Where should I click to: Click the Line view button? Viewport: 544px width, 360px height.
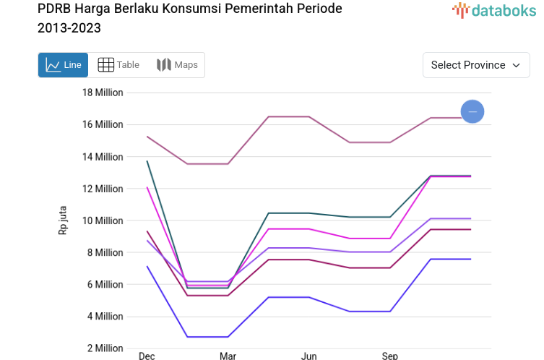[64, 65]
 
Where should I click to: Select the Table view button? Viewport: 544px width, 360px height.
[118, 65]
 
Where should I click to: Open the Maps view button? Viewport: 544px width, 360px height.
[177, 65]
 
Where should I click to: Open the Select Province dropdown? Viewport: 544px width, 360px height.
[475, 65]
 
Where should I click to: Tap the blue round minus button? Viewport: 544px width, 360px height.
[472, 111]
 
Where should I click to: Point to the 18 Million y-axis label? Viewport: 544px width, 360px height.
[103, 93]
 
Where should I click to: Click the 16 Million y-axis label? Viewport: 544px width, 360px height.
[103, 124]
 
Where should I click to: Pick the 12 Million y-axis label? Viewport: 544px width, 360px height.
[103, 189]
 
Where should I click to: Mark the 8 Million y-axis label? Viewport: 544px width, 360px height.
[105, 252]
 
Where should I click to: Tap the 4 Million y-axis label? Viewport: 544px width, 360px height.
[105, 316]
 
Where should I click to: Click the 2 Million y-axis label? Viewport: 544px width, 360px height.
[105, 348]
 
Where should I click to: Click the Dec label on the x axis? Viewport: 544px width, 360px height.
[147, 356]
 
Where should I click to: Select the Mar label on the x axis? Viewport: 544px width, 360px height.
[228, 356]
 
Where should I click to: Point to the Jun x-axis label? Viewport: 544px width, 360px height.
[308, 356]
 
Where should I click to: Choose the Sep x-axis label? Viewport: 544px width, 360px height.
[389, 356]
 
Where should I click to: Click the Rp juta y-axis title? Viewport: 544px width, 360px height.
[63, 220]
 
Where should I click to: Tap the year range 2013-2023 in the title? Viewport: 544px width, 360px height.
[69, 29]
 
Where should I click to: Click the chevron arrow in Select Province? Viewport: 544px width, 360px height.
[517, 65]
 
